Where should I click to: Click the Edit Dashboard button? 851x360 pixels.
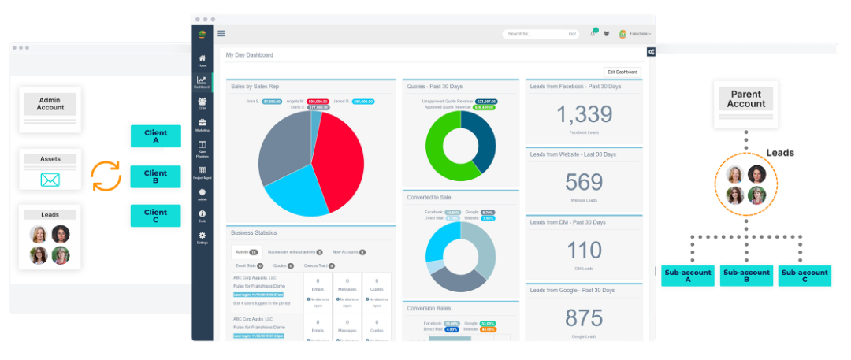click(x=622, y=72)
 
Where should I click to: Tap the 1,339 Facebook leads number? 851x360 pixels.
click(x=584, y=114)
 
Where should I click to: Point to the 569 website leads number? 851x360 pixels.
click(x=584, y=182)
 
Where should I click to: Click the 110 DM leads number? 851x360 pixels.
click(x=584, y=251)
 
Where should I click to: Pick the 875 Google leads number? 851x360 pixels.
click(x=584, y=317)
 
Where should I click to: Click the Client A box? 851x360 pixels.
click(x=156, y=136)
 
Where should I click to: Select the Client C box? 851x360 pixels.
click(x=156, y=215)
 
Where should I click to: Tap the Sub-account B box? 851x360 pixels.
click(x=746, y=276)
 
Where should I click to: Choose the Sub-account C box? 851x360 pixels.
click(x=804, y=276)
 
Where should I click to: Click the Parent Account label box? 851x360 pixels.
click(x=746, y=98)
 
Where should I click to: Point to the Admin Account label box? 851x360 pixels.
click(x=50, y=103)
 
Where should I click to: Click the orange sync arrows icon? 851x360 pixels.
click(x=106, y=176)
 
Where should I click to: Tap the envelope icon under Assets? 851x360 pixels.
click(x=50, y=180)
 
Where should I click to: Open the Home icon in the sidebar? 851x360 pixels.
click(x=203, y=60)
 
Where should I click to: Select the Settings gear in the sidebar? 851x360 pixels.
click(x=203, y=237)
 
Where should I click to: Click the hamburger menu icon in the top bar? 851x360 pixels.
click(x=221, y=33)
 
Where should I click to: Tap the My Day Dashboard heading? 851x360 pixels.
click(x=249, y=55)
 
